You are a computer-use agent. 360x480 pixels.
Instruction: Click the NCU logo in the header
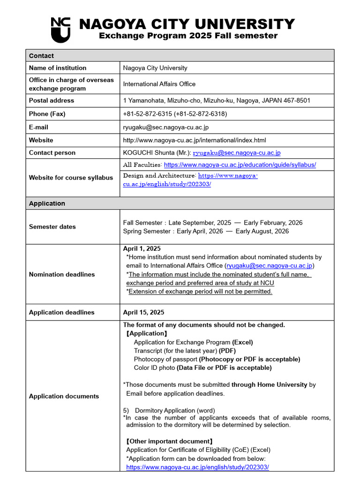[60, 29]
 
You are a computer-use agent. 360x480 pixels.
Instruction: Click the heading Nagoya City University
[187, 24]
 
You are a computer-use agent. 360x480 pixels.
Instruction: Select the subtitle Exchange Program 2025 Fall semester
[188, 36]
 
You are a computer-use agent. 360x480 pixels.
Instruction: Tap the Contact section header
[41, 56]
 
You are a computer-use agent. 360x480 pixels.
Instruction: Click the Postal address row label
[52, 100]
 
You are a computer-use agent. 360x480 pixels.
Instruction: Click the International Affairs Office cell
[159, 84]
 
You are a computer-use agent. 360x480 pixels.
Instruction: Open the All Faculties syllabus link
[240, 165]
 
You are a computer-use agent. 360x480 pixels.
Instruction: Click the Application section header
[47, 203]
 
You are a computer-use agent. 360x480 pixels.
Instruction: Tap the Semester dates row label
[52, 227]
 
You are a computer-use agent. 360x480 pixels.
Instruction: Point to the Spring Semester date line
[206, 231]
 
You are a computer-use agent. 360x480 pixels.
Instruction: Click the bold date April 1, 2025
[142, 249]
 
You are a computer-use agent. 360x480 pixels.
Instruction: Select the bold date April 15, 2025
[143, 313]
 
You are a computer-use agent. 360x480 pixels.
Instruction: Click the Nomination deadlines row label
[61, 275]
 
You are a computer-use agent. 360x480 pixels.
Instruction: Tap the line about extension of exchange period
[200, 292]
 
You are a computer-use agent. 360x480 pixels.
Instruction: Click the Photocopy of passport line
[217, 360]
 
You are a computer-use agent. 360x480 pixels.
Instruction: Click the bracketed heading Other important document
[169, 442]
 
